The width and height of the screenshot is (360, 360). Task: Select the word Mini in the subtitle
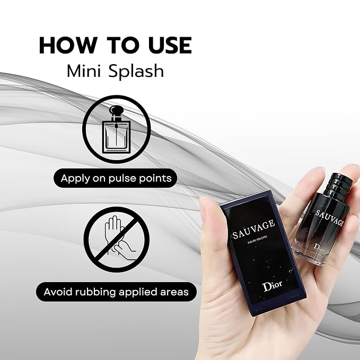click(x=84, y=71)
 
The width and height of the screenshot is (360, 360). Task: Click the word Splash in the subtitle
click(x=136, y=72)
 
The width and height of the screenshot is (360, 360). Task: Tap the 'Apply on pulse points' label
click(x=116, y=178)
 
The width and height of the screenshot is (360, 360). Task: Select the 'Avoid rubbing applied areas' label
click(x=116, y=292)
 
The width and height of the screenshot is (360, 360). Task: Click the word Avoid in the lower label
click(x=58, y=292)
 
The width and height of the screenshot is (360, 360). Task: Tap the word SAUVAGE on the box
click(x=253, y=230)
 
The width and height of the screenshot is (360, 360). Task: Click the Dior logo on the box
click(x=273, y=286)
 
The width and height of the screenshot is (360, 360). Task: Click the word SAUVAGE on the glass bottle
click(x=329, y=217)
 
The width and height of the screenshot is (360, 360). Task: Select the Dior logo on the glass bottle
click(x=319, y=248)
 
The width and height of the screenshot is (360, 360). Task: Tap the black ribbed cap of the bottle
click(x=338, y=183)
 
